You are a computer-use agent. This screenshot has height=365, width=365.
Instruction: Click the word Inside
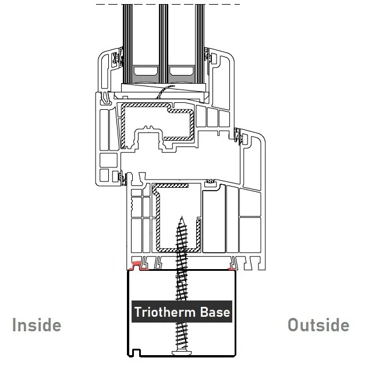point(37,324)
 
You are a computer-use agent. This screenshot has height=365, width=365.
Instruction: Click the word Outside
point(318,324)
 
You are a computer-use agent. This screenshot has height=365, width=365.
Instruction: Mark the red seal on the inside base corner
point(137,267)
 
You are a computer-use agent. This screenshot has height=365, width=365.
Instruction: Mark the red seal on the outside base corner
point(232,269)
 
